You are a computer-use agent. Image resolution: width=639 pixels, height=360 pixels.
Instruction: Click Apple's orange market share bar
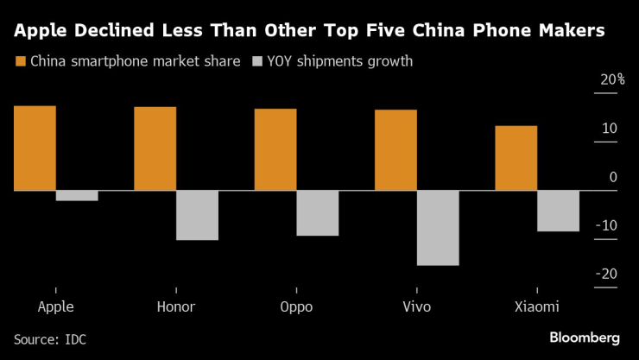coord(35,148)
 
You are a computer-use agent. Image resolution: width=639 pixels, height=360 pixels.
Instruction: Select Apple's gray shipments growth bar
coord(77,195)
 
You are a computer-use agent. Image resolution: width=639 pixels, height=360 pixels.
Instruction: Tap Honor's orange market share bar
coord(155,148)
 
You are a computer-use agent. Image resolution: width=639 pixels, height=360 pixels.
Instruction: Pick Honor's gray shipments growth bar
coord(197,215)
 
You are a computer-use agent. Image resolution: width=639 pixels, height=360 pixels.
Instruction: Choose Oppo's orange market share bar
coord(275,149)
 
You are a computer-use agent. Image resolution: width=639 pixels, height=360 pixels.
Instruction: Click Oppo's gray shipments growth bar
coord(318,212)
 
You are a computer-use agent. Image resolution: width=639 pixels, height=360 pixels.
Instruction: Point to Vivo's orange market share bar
coord(395,149)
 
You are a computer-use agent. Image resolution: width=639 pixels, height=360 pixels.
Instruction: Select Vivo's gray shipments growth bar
coord(438,227)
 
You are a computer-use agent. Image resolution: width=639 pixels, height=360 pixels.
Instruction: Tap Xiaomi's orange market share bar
coord(516,158)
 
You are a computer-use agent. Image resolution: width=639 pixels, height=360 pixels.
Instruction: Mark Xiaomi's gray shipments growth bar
coord(558,211)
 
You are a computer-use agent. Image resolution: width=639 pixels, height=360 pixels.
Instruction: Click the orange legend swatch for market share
coord(21,61)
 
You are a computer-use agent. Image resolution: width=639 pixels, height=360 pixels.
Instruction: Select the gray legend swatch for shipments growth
coord(257,61)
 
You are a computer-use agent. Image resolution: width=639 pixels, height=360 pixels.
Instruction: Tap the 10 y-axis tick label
coord(609,129)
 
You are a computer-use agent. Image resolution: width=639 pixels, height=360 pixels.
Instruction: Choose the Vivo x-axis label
coord(416,307)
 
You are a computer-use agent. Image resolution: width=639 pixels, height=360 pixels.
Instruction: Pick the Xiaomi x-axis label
coord(537,307)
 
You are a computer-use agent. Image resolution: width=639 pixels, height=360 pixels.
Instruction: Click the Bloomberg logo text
coord(585,337)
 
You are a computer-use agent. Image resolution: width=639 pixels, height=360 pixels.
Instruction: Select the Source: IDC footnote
coord(50,339)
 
